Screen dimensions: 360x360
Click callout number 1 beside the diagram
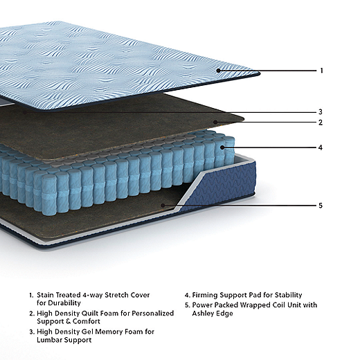coord(321,71)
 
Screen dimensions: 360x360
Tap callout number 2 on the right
coord(321,123)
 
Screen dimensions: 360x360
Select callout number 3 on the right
coord(321,112)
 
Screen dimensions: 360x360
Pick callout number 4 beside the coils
coord(321,147)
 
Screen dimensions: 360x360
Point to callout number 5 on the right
coord(321,206)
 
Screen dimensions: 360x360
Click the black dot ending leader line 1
coord(218,71)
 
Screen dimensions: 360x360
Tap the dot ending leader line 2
coord(215,122)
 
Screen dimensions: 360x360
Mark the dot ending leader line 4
coord(222,147)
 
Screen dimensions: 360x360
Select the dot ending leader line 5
coord(163,205)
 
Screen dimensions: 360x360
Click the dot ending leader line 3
coord(25,112)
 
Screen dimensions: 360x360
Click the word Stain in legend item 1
coord(46,295)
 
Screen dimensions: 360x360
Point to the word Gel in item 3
coord(88,332)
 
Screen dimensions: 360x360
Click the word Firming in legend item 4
coord(205,295)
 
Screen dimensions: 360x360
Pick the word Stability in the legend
coord(289,295)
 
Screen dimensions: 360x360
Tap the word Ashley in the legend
coord(203,314)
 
